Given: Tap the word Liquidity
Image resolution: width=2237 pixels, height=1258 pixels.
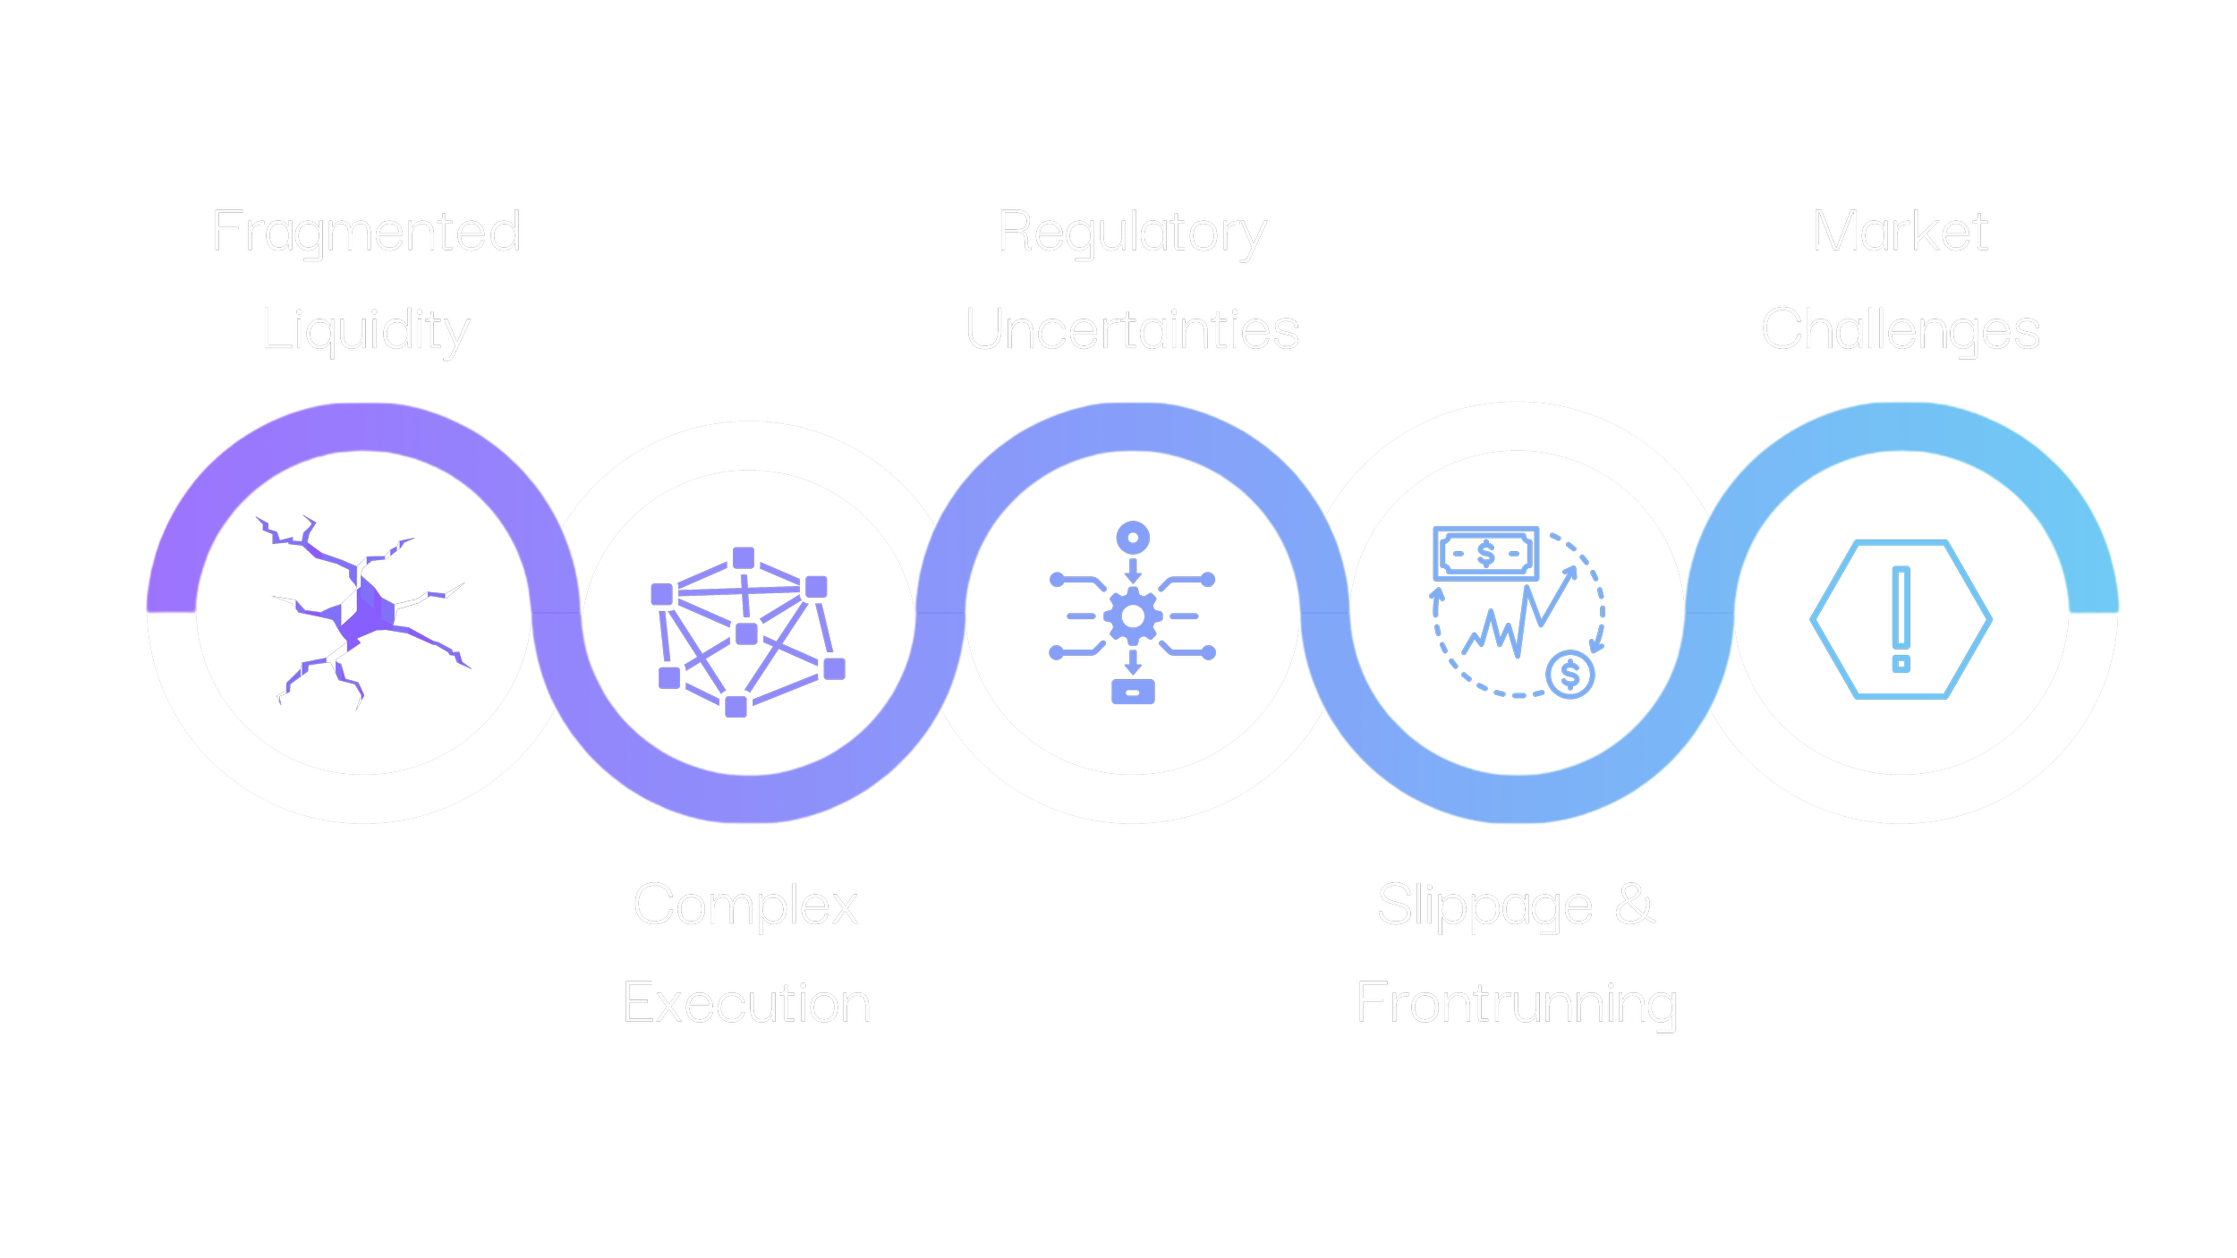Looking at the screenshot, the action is (x=367, y=331).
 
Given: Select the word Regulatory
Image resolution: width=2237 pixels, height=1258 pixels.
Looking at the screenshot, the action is (x=1132, y=233).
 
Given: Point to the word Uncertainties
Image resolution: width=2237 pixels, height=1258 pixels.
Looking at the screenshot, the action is (x=1132, y=330).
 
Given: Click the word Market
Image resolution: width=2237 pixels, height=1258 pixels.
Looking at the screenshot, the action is (x=1900, y=232).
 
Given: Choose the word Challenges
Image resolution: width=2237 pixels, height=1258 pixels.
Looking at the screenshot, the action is (x=1900, y=331).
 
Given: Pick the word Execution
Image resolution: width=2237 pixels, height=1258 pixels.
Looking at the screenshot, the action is (x=746, y=1003).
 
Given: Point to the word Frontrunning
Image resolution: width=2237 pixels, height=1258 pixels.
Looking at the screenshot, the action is (x=1517, y=1003).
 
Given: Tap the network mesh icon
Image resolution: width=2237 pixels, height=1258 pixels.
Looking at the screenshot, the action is (x=746, y=632).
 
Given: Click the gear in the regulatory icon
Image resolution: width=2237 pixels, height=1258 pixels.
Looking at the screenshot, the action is (x=1133, y=616).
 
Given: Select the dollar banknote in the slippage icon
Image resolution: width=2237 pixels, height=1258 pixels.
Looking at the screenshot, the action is (x=1486, y=554).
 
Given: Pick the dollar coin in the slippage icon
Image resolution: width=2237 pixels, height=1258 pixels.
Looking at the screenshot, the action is (x=1570, y=675).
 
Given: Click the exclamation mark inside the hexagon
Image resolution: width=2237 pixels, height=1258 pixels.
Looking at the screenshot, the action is (x=1901, y=617).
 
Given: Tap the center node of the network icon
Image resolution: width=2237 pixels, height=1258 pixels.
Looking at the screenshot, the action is (x=746, y=633).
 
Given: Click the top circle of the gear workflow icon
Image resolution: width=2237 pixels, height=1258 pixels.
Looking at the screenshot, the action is (x=1133, y=539).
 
